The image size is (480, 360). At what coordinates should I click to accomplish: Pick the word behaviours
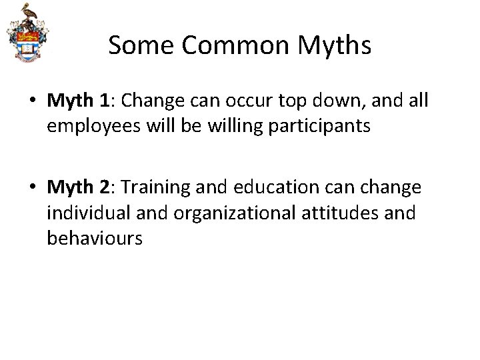[x=95, y=237]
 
